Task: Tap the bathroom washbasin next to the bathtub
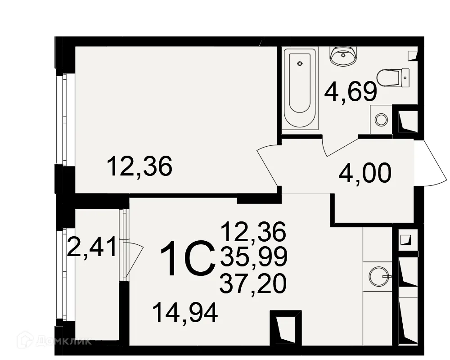[x=343, y=56]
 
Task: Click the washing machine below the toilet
[x=381, y=119]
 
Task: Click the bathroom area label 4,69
[x=351, y=92]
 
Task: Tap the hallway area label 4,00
[x=365, y=173]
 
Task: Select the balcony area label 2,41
[x=91, y=246]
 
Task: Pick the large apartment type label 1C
[x=188, y=258]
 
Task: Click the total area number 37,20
[x=253, y=283]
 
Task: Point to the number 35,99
[x=254, y=256]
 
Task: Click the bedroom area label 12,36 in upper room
[x=139, y=166]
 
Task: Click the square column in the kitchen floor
[x=286, y=328]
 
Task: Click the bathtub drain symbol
[x=300, y=63]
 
